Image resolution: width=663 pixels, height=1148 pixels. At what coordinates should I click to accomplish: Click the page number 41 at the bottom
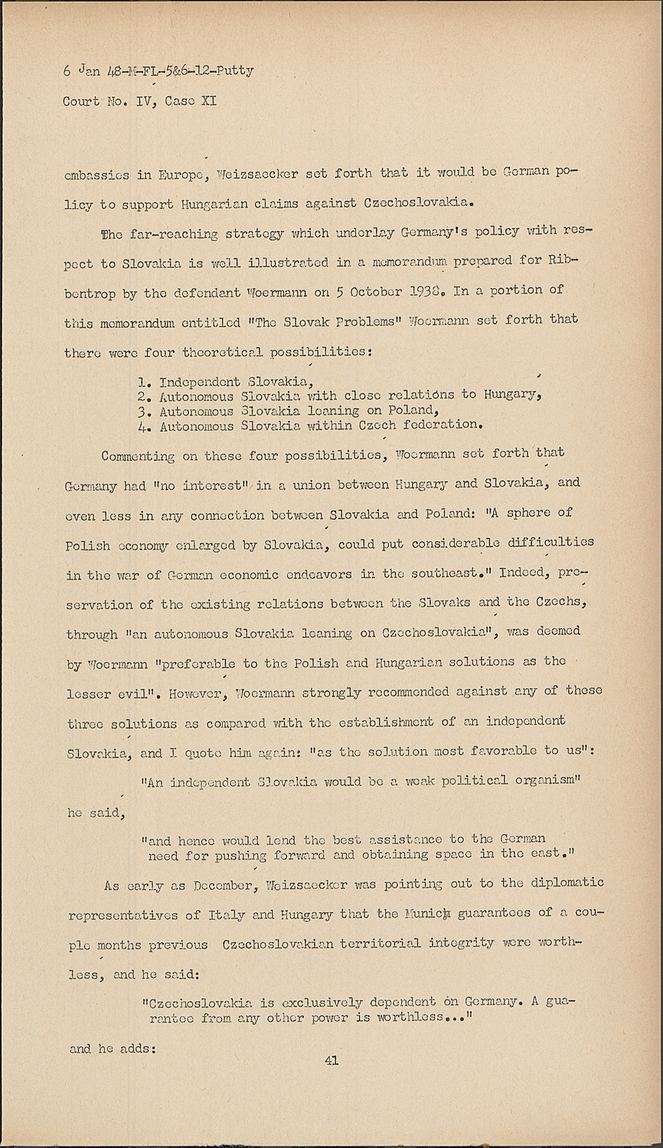coord(331,1060)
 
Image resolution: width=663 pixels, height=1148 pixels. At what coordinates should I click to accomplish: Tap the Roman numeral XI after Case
coord(208,100)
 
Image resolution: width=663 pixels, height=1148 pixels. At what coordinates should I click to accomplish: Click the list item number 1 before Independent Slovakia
coord(143,381)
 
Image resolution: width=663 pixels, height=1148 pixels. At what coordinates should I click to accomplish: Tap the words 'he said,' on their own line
coord(94,812)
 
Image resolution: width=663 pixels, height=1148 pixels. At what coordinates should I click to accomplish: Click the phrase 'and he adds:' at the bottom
coord(113,1049)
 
